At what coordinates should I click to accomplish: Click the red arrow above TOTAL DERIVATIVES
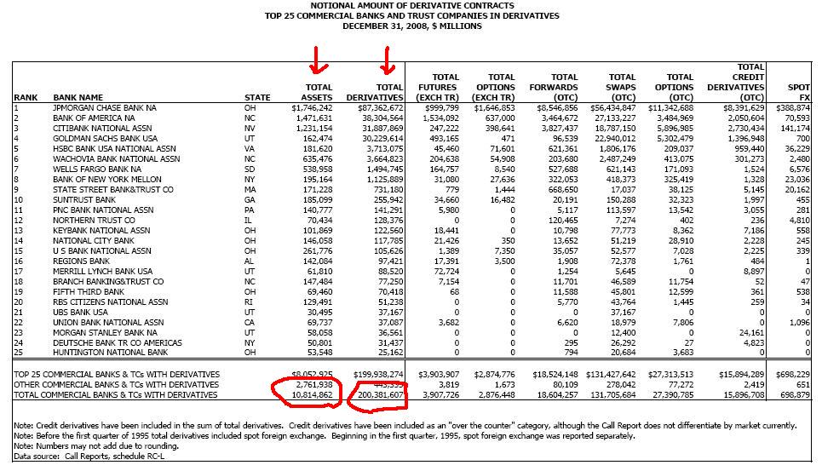click(x=388, y=60)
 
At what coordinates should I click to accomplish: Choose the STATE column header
click(x=257, y=97)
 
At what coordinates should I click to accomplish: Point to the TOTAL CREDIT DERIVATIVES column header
click(x=750, y=82)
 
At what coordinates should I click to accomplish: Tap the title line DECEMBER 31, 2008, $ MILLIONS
click(x=411, y=26)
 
